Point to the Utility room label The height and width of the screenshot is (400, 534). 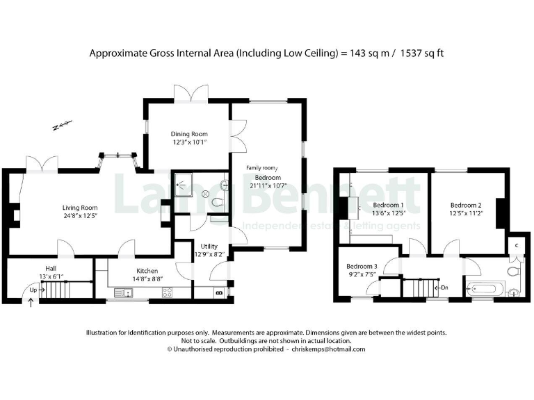tap(209, 247)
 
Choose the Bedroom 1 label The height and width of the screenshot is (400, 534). tap(388, 206)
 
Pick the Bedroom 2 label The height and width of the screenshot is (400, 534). tap(466, 206)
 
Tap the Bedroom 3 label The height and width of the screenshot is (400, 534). tap(362, 267)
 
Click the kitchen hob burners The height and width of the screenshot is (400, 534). tap(168, 292)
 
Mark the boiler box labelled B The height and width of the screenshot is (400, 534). tap(220, 293)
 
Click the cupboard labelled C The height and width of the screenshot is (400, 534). tap(517, 245)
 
